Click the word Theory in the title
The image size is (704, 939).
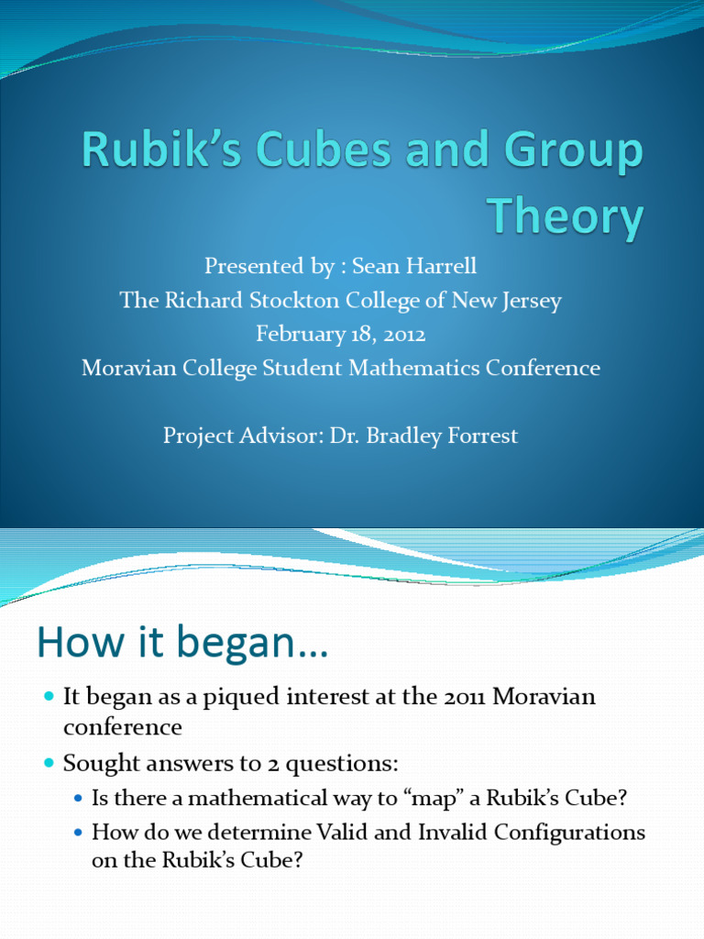pos(565,216)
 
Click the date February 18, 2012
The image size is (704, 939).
pos(341,334)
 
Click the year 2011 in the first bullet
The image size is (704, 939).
pos(465,697)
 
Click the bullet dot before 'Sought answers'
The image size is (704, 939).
pos(49,763)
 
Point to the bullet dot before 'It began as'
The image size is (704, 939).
pos(49,698)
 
